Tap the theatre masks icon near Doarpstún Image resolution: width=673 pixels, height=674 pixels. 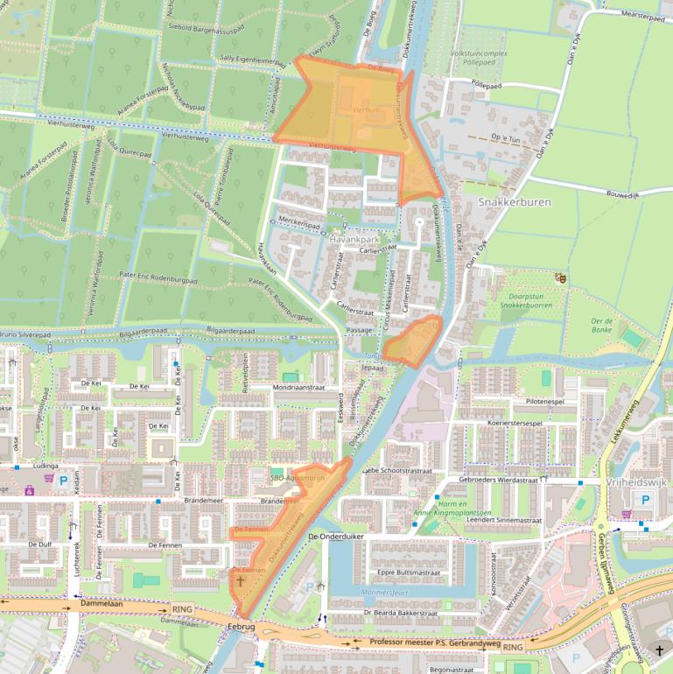(x=560, y=277)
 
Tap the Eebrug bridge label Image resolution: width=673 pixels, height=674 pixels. (x=241, y=627)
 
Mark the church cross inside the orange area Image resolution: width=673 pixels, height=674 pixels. (x=241, y=580)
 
